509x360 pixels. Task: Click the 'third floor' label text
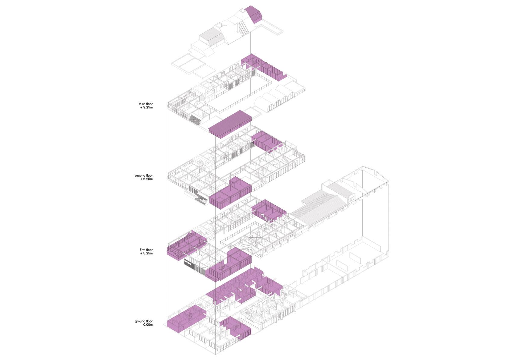tap(146, 104)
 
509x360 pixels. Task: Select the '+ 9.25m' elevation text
tap(146, 108)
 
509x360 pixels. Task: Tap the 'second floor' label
tap(143, 175)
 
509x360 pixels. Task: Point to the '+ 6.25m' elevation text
tap(146, 179)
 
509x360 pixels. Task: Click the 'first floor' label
tap(146, 250)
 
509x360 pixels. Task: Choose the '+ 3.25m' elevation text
tap(146, 253)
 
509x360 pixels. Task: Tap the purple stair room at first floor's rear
tap(268, 211)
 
